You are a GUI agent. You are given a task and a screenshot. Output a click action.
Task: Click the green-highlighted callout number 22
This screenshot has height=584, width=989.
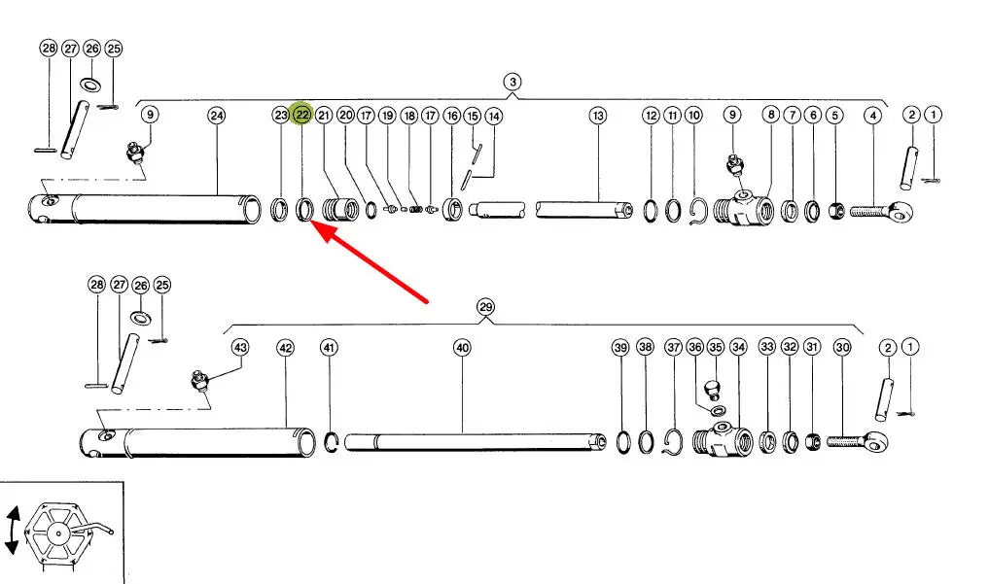coord(302,116)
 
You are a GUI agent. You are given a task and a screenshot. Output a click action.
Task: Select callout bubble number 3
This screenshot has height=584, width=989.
coord(512,81)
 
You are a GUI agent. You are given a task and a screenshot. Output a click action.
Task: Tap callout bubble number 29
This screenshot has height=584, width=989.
coord(486,308)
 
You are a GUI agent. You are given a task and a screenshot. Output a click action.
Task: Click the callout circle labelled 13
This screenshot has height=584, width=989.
coord(597,116)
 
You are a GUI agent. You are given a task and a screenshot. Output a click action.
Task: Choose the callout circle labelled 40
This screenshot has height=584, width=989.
coord(462,347)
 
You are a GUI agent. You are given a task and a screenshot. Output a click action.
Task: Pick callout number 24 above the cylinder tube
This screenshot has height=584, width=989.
coord(217,116)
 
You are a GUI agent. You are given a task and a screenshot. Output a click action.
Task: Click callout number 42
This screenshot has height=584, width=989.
coord(285,347)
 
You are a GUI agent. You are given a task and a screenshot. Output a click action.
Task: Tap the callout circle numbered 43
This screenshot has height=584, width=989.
coord(239,347)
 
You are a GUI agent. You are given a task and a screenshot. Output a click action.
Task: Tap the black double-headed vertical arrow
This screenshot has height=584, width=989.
coord(12,529)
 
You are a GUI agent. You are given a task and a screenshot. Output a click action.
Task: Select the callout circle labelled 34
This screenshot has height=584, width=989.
coord(738,347)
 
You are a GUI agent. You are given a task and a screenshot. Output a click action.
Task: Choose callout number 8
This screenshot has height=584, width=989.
coord(770,116)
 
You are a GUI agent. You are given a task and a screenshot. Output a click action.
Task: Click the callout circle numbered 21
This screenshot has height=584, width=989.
coord(324,116)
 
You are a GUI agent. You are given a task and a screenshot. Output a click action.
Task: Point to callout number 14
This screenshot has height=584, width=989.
coord(494,116)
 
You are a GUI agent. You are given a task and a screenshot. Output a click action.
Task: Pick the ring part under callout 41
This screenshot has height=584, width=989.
coord(331,442)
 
